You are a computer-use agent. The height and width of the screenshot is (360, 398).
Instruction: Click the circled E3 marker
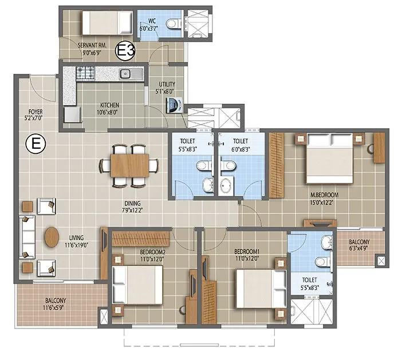pos(125,51)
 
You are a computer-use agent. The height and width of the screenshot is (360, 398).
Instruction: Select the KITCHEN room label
pos(109,105)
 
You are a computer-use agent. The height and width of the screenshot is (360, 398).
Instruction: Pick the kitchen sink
pos(126,73)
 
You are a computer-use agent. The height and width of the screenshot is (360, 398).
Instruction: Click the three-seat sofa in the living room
pos(26,236)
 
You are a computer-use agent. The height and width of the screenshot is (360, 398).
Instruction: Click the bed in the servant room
pos(101,23)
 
